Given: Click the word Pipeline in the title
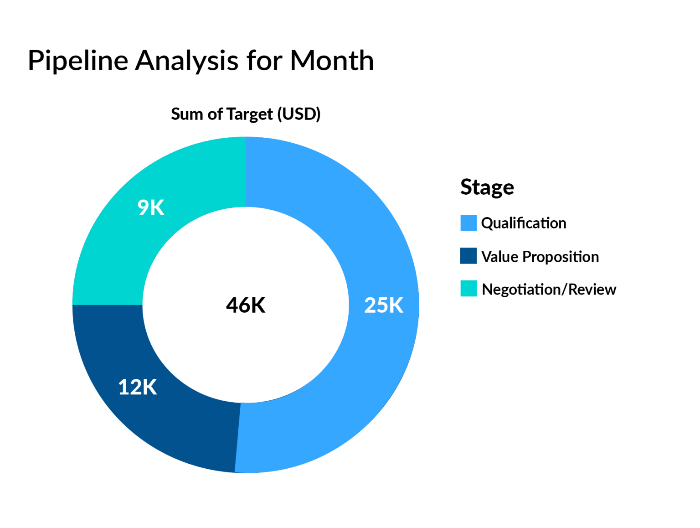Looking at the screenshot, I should click(x=78, y=61).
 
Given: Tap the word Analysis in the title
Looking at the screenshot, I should click(x=186, y=61).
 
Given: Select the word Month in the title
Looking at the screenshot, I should click(x=332, y=61).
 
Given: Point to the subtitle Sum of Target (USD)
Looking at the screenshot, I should click(x=246, y=114).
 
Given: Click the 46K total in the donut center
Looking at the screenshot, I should click(x=246, y=305).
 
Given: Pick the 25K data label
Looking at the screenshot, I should click(x=384, y=305).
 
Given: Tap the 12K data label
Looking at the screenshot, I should click(x=138, y=387).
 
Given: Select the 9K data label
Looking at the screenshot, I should click(x=151, y=207).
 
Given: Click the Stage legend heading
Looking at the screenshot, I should click(x=487, y=187).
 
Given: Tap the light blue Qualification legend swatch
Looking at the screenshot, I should click(x=468, y=223).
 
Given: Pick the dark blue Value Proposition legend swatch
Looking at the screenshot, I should click(x=468, y=256).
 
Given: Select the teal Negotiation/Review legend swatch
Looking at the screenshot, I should click(x=468, y=289).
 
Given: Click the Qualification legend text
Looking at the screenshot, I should click(x=524, y=223).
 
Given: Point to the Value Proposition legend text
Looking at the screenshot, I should click(x=540, y=257).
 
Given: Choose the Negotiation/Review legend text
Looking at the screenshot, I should click(x=549, y=290).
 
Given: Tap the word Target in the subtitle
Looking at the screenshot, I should click(x=250, y=114).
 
